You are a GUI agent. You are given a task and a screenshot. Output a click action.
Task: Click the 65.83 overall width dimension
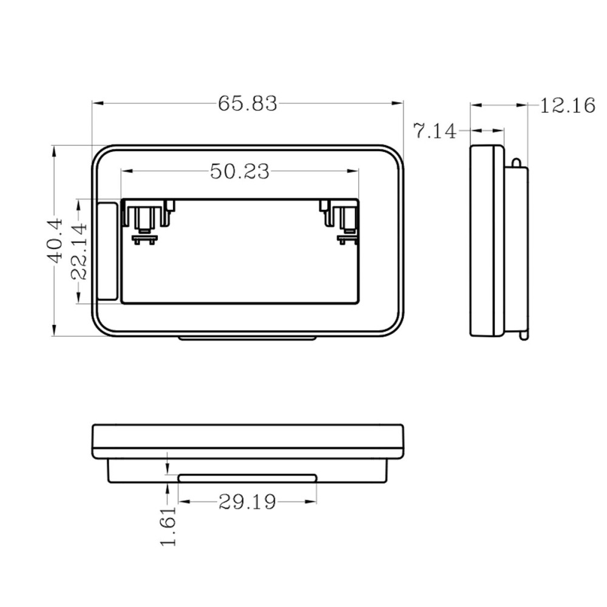[x=248, y=104]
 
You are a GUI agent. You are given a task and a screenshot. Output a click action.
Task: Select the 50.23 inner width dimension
[x=240, y=172]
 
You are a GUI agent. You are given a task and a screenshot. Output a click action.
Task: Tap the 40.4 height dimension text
[x=55, y=240]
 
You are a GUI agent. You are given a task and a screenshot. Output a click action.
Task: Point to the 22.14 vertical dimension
[x=80, y=251]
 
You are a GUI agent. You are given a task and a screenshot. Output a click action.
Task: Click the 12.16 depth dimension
[x=568, y=106]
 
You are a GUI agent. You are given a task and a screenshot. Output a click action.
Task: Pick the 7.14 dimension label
[x=435, y=131]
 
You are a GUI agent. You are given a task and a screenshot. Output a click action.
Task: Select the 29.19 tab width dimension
[x=247, y=502]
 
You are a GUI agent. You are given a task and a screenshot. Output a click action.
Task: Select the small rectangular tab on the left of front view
[x=107, y=251]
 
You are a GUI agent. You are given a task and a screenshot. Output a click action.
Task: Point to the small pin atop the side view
[x=516, y=162]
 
